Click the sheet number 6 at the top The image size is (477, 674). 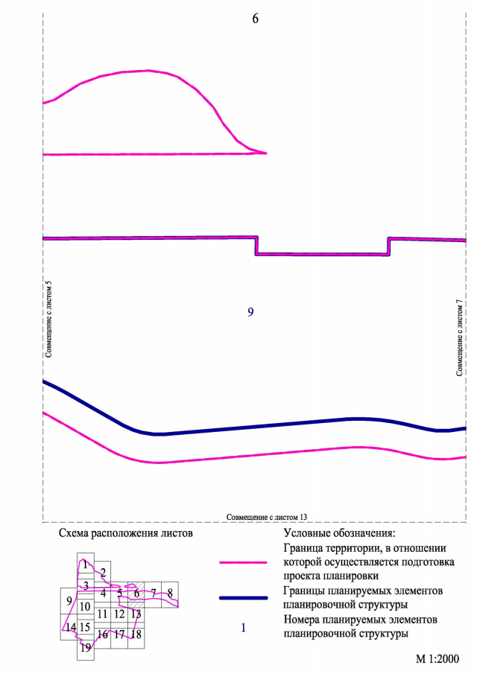(256, 19)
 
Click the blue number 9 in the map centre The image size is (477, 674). (250, 312)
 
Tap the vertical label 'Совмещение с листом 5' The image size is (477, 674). (48, 319)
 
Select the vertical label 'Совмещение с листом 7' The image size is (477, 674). (460, 336)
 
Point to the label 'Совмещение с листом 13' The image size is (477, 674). (267, 516)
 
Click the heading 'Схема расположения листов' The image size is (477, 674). (125, 533)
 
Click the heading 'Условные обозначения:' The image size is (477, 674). (338, 533)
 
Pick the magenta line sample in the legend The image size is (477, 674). (243, 563)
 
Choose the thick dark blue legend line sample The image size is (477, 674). (243, 598)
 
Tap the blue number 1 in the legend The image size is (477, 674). (243, 628)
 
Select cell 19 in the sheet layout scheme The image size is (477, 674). (86, 648)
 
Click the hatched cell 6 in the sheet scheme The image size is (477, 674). (136, 593)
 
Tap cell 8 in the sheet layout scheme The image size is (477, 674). (171, 593)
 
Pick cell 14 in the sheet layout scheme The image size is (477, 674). (70, 628)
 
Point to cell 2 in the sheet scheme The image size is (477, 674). (103, 572)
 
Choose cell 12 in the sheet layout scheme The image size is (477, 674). (119, 614)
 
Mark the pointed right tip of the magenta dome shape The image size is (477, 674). (266, 153)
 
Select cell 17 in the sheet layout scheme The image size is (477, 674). (119, 635)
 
